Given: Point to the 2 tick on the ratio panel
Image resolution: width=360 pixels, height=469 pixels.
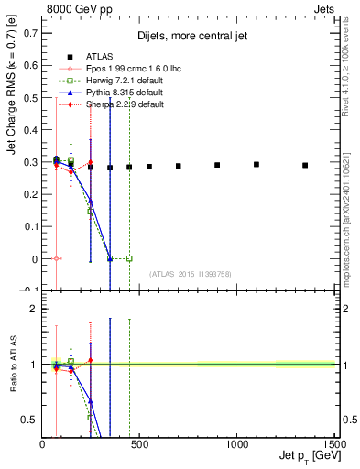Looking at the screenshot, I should pyautogui.click(x=33, y=309).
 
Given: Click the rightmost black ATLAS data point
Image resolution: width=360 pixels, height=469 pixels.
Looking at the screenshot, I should pyautogui.click(x=305, y=165).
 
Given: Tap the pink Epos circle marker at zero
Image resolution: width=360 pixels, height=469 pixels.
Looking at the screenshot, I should pyautogui.click(x=57, y=258).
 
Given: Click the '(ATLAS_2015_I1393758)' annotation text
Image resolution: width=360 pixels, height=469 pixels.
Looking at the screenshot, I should pyautogui.click(x=191, y=272).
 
